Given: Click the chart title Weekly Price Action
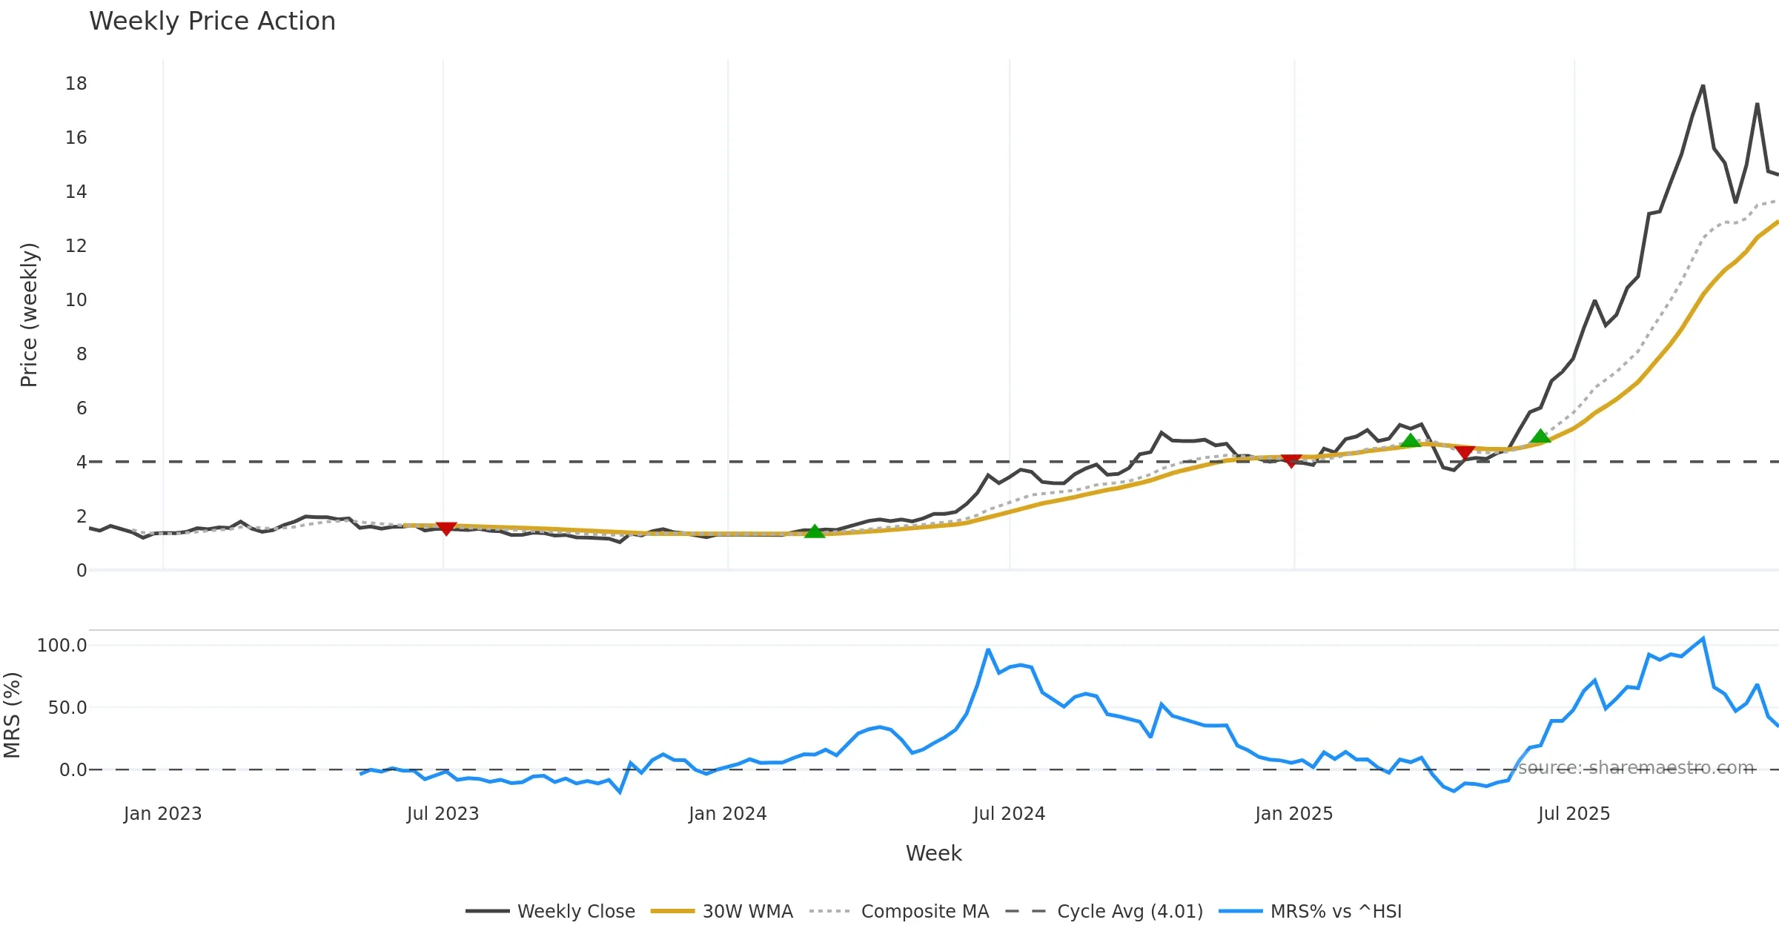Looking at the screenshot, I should (212, 21).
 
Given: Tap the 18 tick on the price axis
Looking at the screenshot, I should (76, 84).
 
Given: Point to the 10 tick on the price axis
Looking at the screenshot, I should (76, 300).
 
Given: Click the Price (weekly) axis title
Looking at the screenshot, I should (29, 315).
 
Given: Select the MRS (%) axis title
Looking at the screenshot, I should (12, 715).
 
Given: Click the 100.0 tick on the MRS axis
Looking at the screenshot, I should (62, 646).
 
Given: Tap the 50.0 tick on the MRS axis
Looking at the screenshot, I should (67, 708).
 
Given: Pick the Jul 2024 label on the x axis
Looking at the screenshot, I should (1009, 814).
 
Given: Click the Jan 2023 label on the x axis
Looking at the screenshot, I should (162, 814).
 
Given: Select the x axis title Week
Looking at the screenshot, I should (933, 854).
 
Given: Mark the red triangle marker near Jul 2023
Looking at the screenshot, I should (446, 528).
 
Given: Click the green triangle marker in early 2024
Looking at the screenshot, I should (815, 531).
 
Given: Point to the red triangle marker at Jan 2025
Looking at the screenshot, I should (1291, 461).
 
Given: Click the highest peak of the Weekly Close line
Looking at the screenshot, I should (1703, 86).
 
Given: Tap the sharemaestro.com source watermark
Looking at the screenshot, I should (1636, 768).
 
